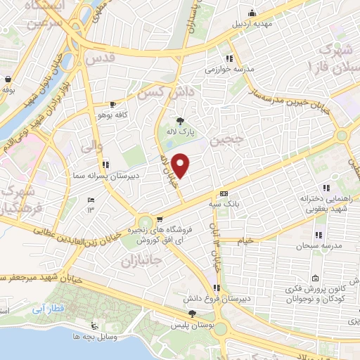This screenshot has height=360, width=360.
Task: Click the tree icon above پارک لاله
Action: point(180,120)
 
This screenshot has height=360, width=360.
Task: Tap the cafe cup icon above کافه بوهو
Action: point(112,104)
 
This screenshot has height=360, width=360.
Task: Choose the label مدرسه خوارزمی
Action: point(229,69)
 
